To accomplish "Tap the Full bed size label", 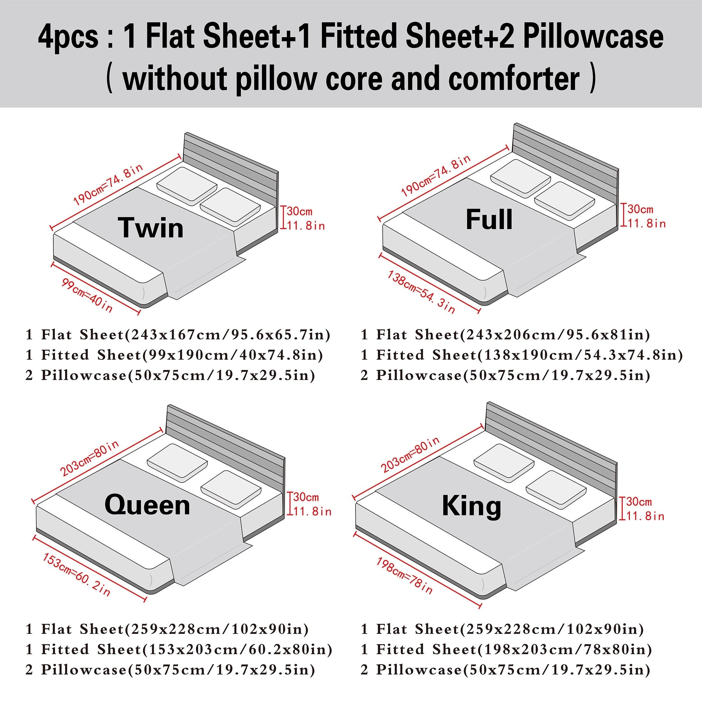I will [x=489, y=220].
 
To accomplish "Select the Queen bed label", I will [x=147, y=505].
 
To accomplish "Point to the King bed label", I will [x=471, y=506].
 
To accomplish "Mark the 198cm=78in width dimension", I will [x=404, y=576].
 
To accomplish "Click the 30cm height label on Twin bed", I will [x=300, y=212].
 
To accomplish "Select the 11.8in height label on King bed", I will [x=645, y=516].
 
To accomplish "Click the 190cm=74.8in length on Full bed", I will [x=436, y=175].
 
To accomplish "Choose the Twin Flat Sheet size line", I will [x=178, y=334].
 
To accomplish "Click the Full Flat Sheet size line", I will [x=505, y=334].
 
